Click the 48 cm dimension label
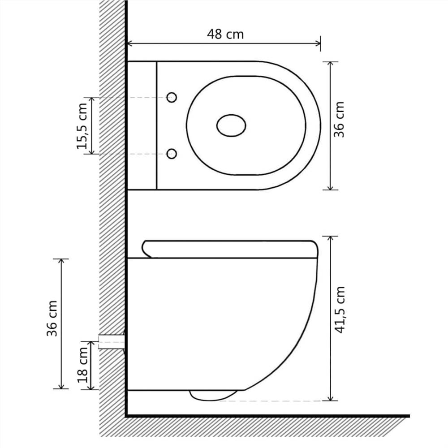pos(225,34)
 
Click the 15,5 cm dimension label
pos(82,126)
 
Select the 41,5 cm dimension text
pos(340,310)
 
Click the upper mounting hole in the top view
pos(172,98)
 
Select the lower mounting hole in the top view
pos(172,154)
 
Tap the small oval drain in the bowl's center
pos(231,125)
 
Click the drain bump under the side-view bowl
pos(213,395)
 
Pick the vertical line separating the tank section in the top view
pos(157,125)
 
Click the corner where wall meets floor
pos(126,416)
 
